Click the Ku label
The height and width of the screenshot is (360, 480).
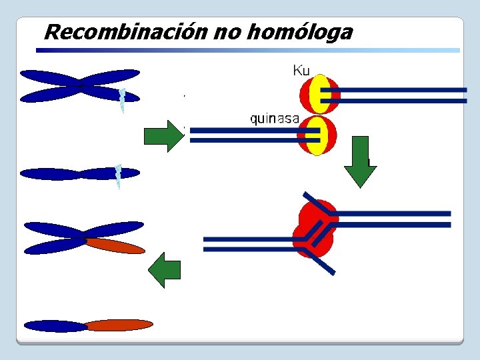pyautogui.click(x=301, y=70)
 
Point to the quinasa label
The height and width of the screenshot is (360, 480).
pyautogui.click(x=275, y=119)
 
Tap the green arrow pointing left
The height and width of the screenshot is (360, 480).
pyautogui.click(x=164, y=270)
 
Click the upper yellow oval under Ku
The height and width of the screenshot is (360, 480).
pyautogui.click(x=320, y=94)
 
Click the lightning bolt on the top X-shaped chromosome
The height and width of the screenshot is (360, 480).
pyautogui.click(x=122, y=100)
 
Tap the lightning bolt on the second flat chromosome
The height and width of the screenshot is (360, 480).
pyautogui.click(x=118, y=176)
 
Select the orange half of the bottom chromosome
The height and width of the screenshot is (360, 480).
pyautogui.click(x=119, y=325)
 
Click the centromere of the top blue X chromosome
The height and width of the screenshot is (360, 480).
pyautogui.click(x=80, y=86)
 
